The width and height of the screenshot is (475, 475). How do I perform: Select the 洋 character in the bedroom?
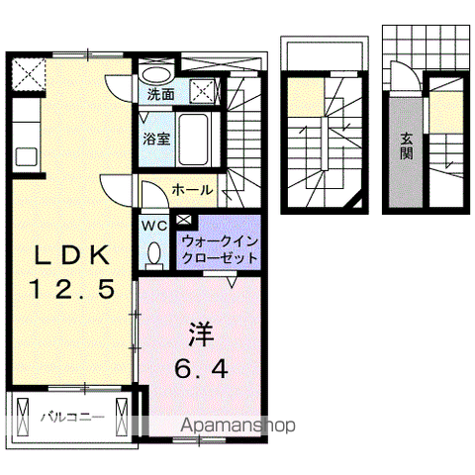click(x=202, y=332)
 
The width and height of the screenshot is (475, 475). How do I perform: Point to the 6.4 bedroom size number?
click(x=202, y=368)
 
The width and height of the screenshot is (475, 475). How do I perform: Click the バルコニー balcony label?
click(x=71, y=418)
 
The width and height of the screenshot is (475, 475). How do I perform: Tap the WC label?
click(x=154, y=226)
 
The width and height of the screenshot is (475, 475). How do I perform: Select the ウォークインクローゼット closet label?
click(x=219, y=249)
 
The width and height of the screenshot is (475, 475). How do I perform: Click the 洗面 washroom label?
click(x=160, y=95)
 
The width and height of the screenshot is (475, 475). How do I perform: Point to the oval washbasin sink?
click(x=153, y=75)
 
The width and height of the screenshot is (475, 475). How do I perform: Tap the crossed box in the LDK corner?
click(x=29, y=74)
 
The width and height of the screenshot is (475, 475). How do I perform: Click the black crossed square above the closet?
click(x=185, y=221)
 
